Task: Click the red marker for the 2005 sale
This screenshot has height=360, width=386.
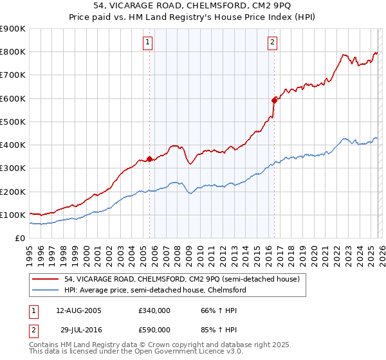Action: [150, 158]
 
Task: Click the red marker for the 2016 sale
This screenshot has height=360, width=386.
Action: [274, 100]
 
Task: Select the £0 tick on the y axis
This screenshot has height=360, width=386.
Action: [19, 239]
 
